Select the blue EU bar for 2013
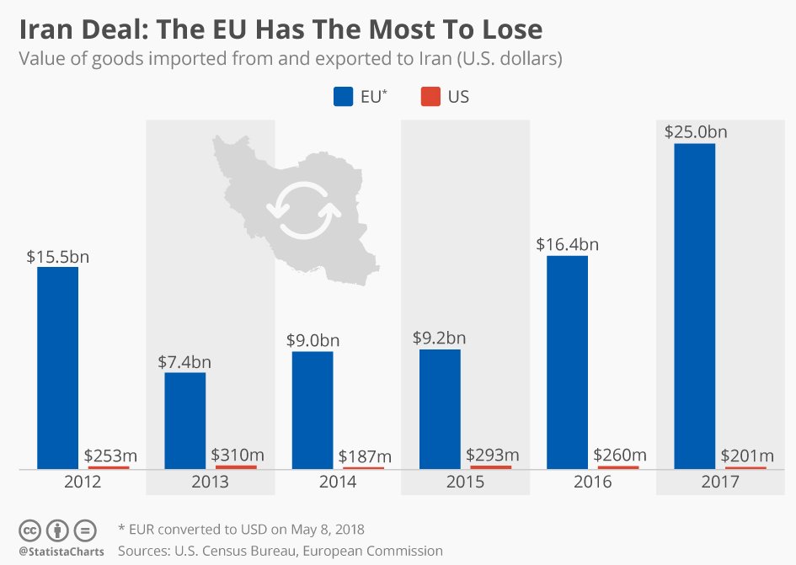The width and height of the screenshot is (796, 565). [185, 420]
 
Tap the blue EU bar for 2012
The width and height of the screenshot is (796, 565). [57, 367]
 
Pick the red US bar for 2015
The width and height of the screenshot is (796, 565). [490, 466]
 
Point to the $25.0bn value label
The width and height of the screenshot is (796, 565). [695, 132]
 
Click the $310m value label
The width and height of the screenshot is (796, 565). [237, 455]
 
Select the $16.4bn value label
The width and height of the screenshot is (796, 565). [567, 245]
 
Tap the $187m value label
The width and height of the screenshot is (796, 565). [365, 456]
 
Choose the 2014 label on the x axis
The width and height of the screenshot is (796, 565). [338, 482]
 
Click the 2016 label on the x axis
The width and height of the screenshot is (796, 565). [592, 482]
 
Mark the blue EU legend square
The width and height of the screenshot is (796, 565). [343, 97]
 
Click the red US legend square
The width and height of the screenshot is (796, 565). [430, 97]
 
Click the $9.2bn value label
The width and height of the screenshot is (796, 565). [439, 338]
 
